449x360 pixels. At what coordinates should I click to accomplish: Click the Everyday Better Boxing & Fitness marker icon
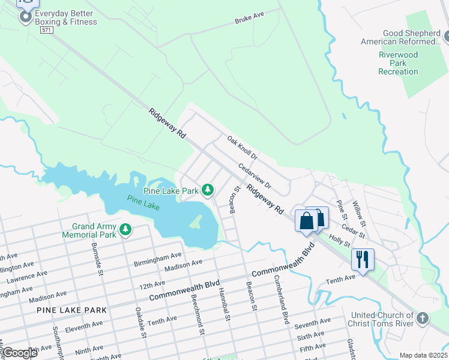pyautogui.click(x=25, y=17)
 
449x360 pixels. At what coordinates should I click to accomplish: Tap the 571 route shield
pyautogui.click(x=46, y=30)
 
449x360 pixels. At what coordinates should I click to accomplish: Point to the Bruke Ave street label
pyautogui.click(x=249, y=18)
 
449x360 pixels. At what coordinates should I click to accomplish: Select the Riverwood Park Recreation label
pyautogui.click(x=398, y=63)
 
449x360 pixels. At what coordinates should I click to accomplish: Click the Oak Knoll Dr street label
pyautogui.click(x=242, y=148)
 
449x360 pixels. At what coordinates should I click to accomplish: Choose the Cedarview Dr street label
pyautogui.click(x=255, y=176)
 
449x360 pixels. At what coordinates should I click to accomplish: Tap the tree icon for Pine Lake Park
pyautogui.click(x=208, y=190)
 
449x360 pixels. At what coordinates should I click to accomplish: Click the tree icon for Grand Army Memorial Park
pyautogui.click(x=125, y=229)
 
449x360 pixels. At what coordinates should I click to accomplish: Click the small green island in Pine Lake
pyautogui.click(x=195, y=222)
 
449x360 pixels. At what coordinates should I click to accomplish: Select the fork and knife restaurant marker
pyautogui.click(x=363, y=259)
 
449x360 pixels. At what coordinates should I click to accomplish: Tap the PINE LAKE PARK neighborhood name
pyautogui.click(x=71, y=310)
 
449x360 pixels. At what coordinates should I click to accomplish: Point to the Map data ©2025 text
pyautogui.click(x=423, y=355)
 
